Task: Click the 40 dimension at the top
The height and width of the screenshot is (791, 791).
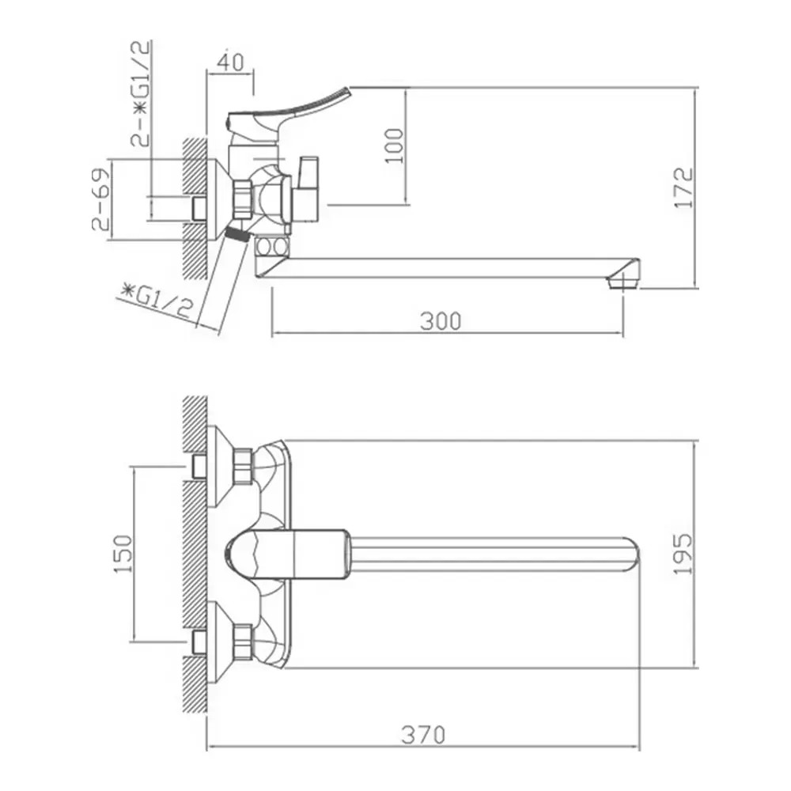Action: click(x=230, y=62)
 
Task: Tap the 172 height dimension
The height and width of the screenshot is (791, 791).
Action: click(x=683, y=187)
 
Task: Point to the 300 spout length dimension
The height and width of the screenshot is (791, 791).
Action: click(x=441, y=321)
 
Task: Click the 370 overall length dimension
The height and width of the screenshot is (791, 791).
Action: click(x=423, y=735)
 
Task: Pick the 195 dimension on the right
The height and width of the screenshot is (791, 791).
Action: click(x=683, y=554)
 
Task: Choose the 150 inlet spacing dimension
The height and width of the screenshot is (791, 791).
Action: click(x=123, y=554)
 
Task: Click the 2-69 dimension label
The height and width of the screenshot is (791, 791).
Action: click(x=100, y=199)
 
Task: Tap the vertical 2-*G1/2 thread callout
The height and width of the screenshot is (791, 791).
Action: click(x=140, y=94)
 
